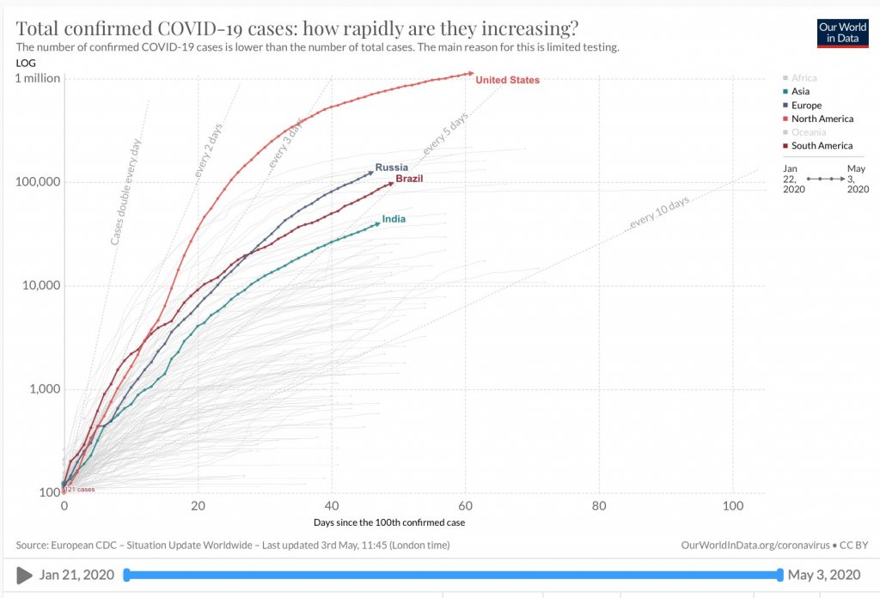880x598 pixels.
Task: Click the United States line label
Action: (x=507, y=80)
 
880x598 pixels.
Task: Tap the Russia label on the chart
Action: (x=391, y=167)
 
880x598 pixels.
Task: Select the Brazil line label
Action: (x=409, y=179)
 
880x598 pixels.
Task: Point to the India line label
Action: (x=394, y=219)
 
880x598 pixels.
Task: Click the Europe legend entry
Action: (x=806, y=105)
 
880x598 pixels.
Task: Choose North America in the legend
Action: (x=822, y=119)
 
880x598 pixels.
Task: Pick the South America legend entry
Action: (x=822, y=146)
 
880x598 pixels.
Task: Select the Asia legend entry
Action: (x=800, y=91)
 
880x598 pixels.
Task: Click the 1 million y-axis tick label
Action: (x=38, y=78)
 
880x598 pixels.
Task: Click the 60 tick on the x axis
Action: (x=466, y=506)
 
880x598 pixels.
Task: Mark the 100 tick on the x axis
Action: (x=733, y=506)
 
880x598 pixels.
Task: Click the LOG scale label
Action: (x=26, y=63)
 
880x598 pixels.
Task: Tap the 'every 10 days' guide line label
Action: (x=660, y=211)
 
